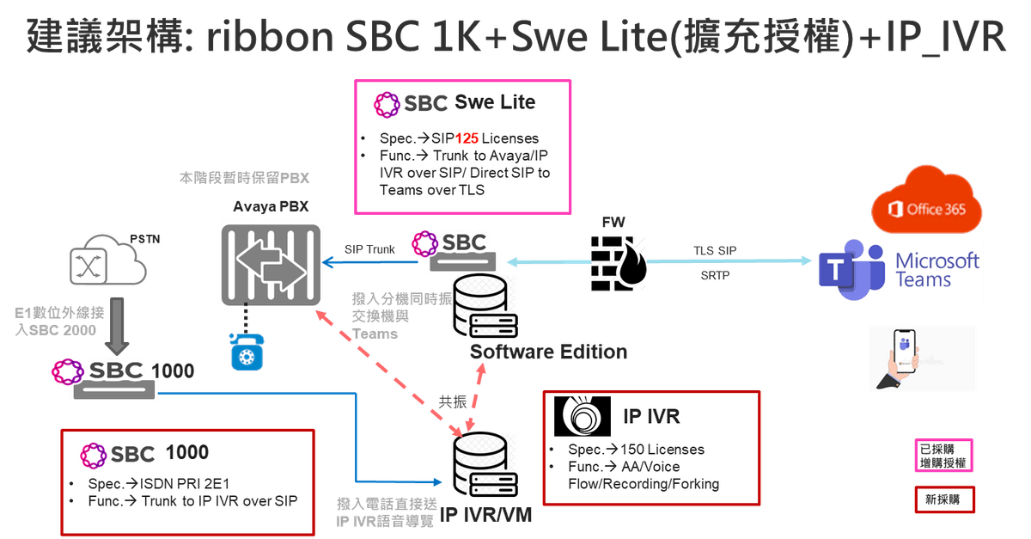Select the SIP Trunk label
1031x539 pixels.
[369, 250]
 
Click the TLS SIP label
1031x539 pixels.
[715, 249]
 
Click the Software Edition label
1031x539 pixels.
[548, 352]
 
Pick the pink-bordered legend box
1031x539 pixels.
[943, 456]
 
